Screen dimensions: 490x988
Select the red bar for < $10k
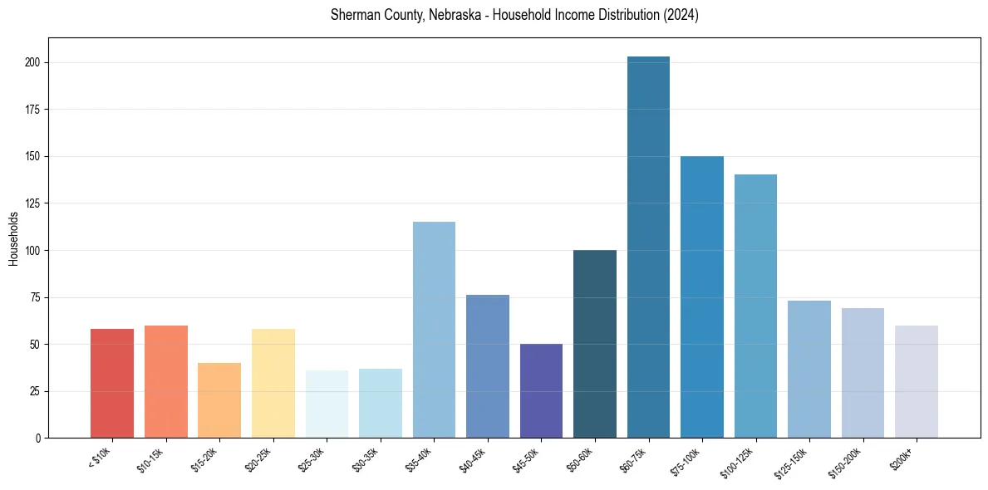[112, 383]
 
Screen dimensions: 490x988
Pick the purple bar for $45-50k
[541, 390]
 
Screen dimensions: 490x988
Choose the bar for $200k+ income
[917, 381]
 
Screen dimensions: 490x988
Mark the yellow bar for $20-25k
[273, 383]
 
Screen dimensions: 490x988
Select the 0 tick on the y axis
[38, 438]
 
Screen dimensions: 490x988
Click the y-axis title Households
[13, 238]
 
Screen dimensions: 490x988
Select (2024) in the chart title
[681, 15]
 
